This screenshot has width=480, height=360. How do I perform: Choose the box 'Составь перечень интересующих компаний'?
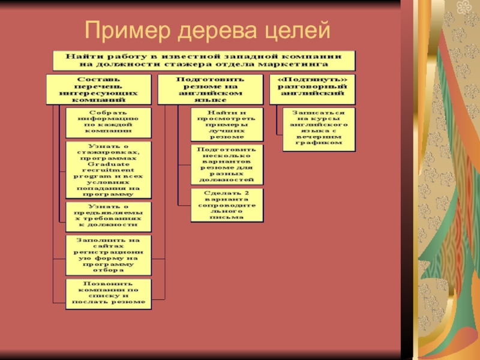[x=98, y=89]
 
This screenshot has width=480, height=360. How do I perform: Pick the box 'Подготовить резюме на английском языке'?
[x=210, y=89]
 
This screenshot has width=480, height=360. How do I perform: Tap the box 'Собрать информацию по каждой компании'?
[x=108, y=122]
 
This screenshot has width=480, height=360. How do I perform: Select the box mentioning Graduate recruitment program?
[x=108, y=170]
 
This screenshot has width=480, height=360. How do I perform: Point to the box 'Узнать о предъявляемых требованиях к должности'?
[x=108, y=217]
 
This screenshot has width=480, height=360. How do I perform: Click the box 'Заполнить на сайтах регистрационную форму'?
[x=108, y=255]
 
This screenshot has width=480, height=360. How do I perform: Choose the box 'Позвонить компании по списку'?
[x=108, y=293]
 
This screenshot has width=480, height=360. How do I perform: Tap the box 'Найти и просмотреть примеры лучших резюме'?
[x=226, y=124]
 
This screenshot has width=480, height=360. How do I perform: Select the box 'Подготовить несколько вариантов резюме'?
[x=226, y=164]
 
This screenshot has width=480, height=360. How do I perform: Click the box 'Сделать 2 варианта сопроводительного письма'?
[x=226, y=205]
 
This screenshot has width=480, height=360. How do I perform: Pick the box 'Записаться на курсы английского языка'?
[x=318, y=128]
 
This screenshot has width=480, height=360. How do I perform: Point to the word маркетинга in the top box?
[x=302, y=64]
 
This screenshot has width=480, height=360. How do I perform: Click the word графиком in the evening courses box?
[x=318, y=143]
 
